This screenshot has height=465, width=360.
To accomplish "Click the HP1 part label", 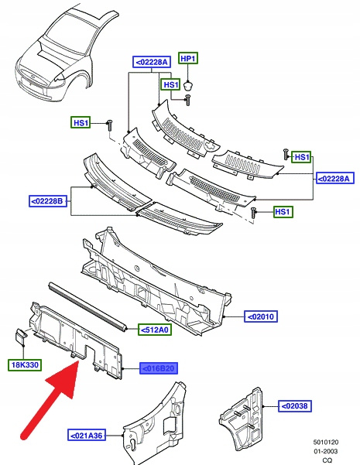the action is click(188, 59).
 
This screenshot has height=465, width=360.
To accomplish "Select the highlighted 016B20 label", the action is click(159, 368).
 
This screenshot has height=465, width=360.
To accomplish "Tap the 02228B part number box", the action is click(48, 201).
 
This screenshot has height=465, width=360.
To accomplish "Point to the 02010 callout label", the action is click(261, 316).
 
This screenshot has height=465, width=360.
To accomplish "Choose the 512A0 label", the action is click(155, 330).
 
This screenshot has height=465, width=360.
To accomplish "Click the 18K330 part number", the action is click(25, 364).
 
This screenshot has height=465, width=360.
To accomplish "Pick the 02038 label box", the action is click(295, 405).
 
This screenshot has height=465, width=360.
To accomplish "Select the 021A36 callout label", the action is click(87, 436).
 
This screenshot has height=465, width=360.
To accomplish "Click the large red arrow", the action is click(50, 400).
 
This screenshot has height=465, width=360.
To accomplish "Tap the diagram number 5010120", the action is click(326, 442).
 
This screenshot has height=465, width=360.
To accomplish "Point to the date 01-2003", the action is click(326, 451).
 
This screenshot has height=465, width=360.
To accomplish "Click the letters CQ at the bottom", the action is click(327, 460).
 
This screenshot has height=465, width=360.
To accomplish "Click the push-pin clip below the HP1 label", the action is click(187, 85).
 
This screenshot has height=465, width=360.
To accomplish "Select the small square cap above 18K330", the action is click(21, 337).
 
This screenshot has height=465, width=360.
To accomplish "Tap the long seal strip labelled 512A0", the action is click(87, 306).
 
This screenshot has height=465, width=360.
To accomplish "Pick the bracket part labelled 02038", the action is click(242, 418).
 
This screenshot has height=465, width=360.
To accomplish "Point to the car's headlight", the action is click(60, 77).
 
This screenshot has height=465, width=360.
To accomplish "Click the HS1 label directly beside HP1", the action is click(170, 85).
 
